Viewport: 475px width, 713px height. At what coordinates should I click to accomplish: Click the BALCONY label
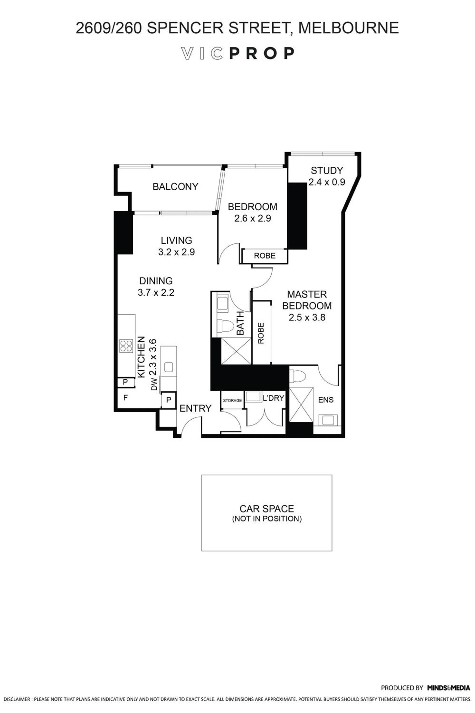click(x=175, y=186)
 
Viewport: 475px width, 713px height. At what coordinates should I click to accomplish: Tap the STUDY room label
click(x=327, y=171)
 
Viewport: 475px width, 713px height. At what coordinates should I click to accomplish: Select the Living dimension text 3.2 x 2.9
click(x=176, y=252)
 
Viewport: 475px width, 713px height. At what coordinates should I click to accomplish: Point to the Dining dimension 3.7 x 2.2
click(x=156, y=293)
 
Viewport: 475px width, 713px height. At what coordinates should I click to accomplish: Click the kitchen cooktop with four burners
click(x=126, y=346)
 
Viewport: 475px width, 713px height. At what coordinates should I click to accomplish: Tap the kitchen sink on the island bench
click(x=168, y=367)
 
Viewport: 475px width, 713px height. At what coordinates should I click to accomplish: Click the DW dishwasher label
click(x=154, y=384)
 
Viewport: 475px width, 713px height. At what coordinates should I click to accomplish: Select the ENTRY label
click(x=195, y=408)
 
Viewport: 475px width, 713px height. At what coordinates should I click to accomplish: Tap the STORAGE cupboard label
click(x=232, y=401)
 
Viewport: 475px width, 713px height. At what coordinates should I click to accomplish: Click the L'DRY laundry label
click(x=273, y=398)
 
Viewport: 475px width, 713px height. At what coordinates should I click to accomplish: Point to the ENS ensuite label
click(x=326, y=400)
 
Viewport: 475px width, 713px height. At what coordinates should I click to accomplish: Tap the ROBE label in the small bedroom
click(x=265, y=256)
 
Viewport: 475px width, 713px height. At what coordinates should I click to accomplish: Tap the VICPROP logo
click(x=237, y=53)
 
